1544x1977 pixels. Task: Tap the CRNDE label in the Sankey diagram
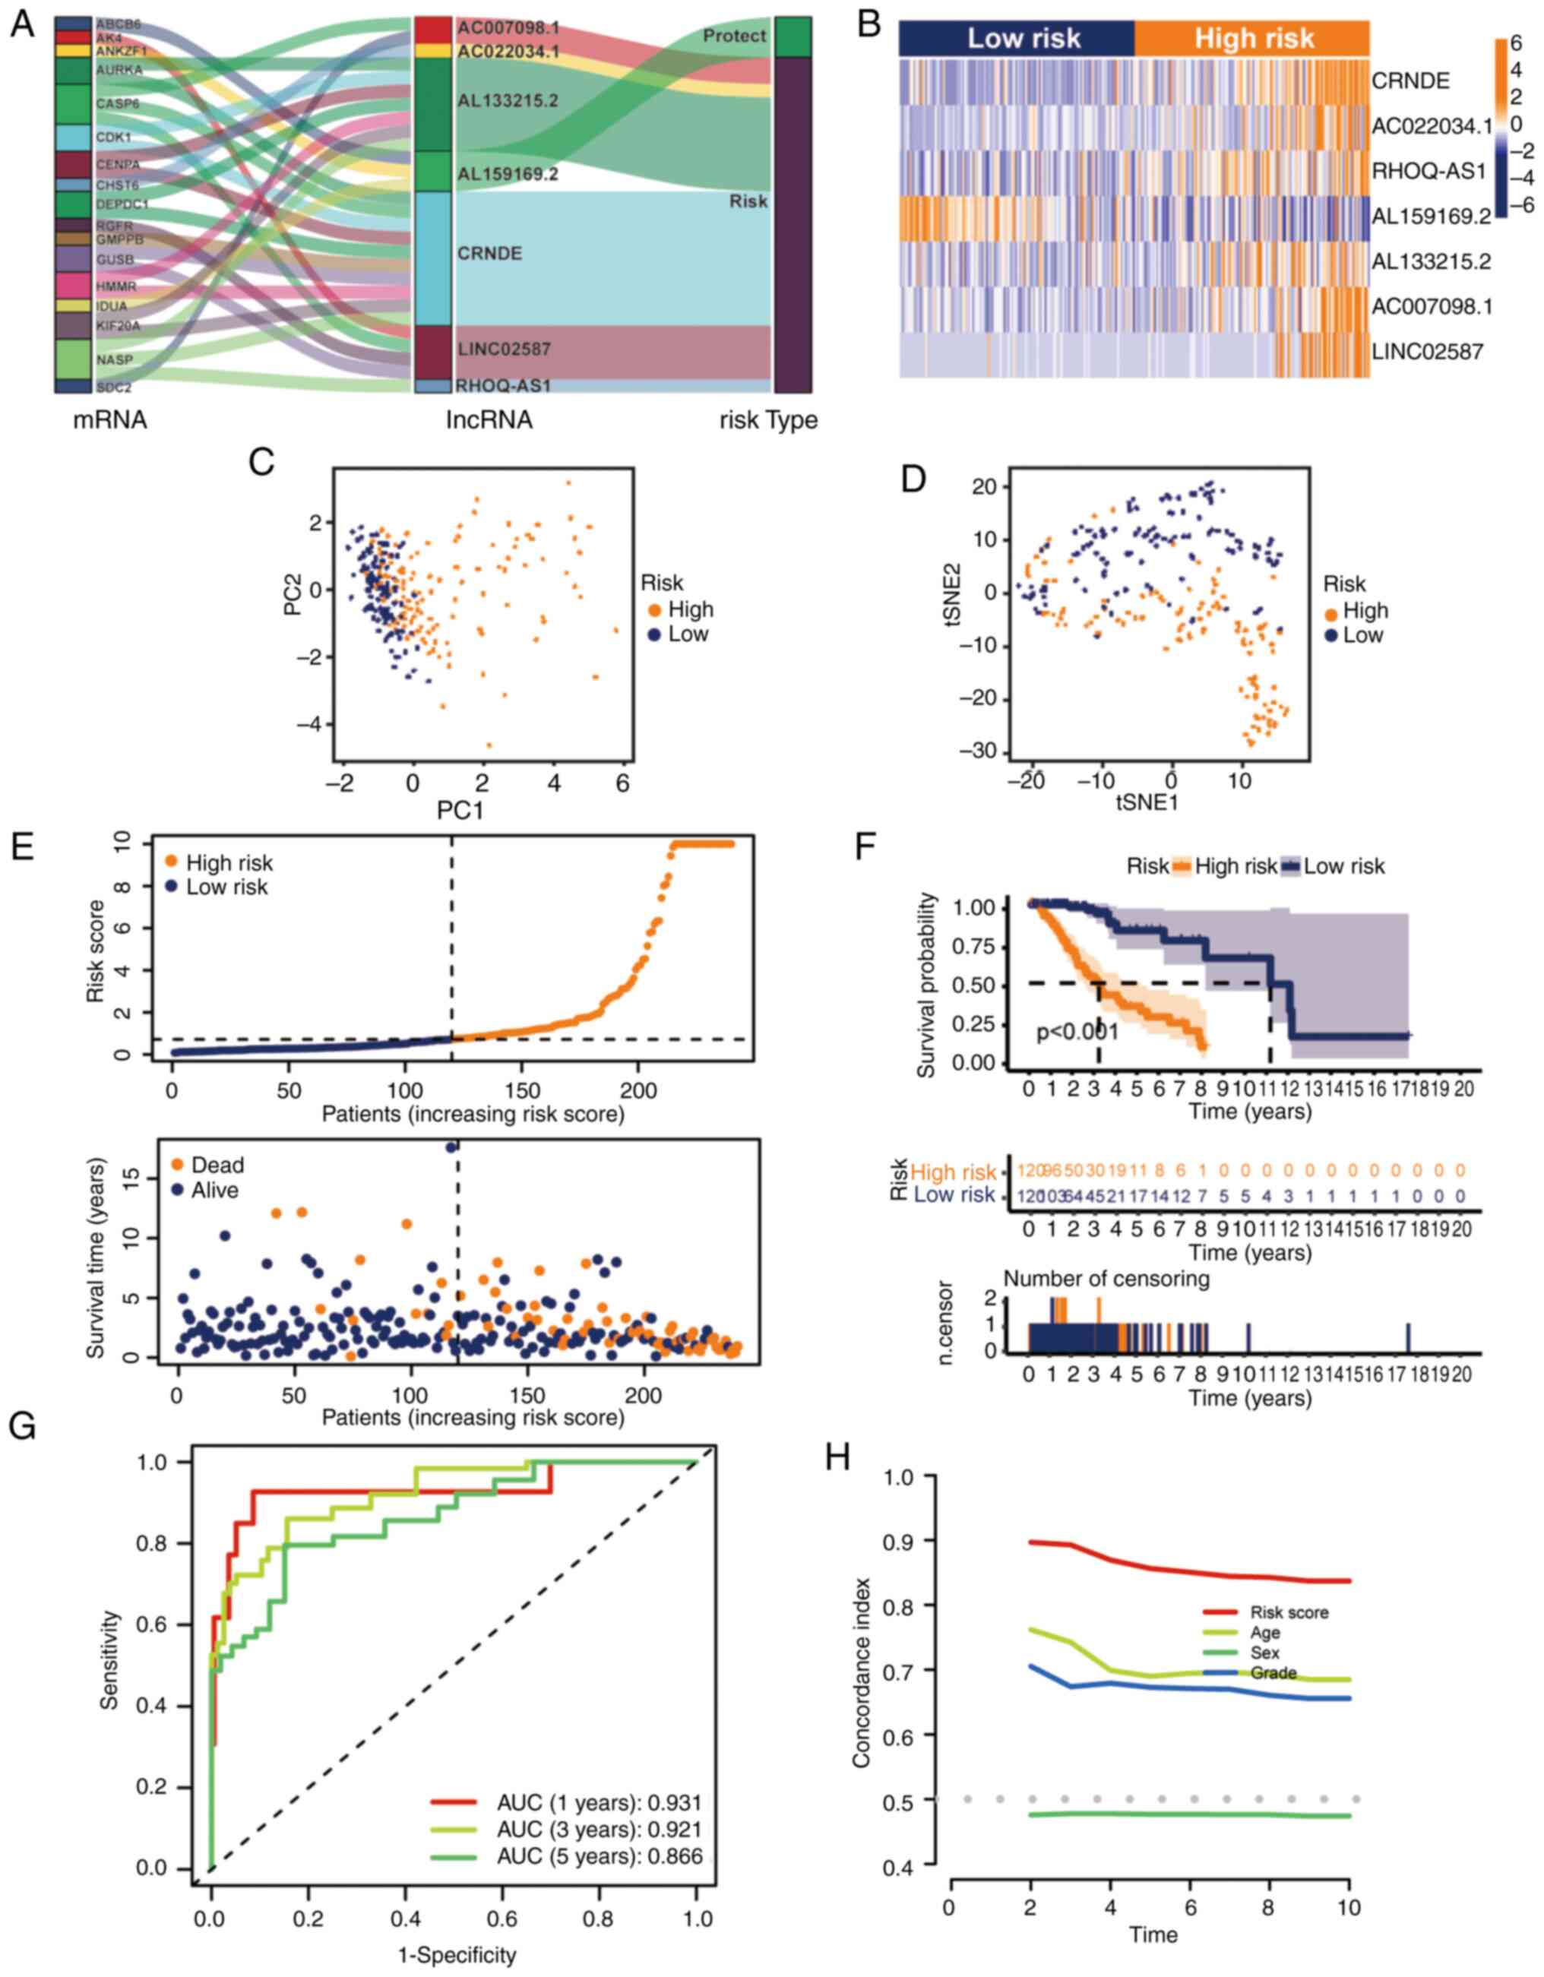coord(489,254)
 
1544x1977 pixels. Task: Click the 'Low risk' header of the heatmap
coord(1024,38)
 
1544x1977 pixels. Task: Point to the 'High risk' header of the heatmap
coord(1254,38)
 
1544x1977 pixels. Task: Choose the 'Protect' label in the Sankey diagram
coord(734,36)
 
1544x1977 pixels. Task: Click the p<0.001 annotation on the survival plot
coord(1077,1031)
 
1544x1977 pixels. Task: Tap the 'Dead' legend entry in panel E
coord(217,1164)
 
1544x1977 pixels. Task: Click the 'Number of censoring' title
coord(1106,1278)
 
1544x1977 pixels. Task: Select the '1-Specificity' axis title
coord(457,1955)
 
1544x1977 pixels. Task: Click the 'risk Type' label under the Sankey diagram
coord(767,420)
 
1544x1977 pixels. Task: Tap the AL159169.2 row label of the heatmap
coord(1431,217)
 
